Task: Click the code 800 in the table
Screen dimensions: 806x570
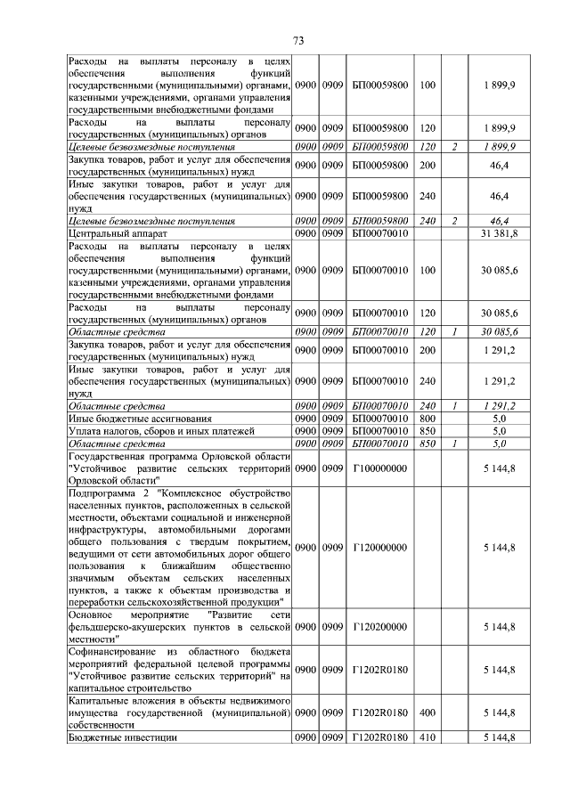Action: pyautogui.click(x=427, y=418)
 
